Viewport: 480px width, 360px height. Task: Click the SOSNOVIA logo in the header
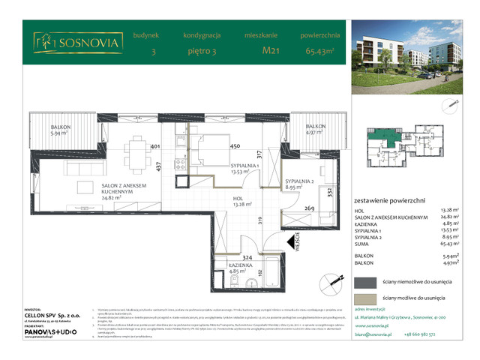(x=77, y=43)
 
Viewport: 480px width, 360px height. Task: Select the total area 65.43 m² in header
(x=321, y=52)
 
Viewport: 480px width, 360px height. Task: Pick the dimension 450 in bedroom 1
(x=234, y=147)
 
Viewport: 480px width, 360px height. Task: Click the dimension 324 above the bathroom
(x=247, y=257)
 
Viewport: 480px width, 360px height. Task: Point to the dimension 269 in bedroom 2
(x=310, y=209)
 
